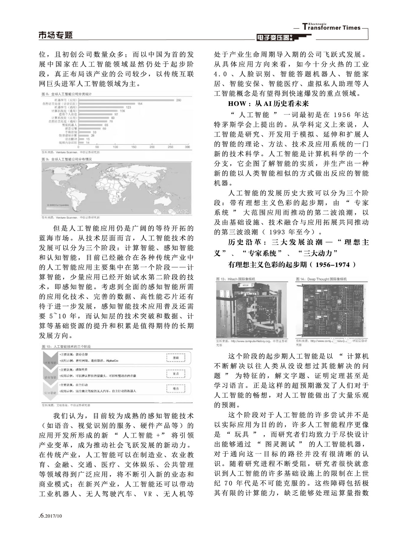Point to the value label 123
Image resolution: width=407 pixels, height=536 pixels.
[128, 107]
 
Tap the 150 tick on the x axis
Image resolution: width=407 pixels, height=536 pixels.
[134, 147]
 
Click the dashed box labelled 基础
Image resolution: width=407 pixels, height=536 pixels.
[175, 358]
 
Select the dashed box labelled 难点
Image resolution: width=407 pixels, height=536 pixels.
[175, 389]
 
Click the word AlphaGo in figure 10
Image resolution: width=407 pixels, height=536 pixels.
[112, 360]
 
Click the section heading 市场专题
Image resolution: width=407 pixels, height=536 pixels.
[55, 35]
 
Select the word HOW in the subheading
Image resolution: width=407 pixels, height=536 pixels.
[237, 104]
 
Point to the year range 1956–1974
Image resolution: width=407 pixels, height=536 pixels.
[332, 264]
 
